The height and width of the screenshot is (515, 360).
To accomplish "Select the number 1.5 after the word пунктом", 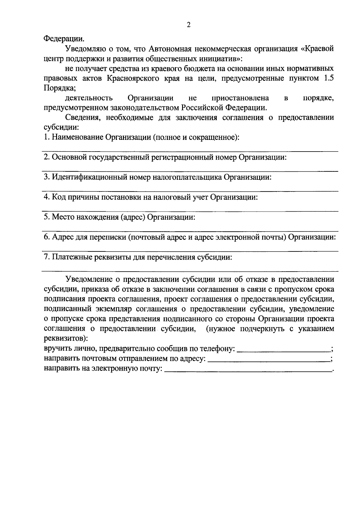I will point(328,78).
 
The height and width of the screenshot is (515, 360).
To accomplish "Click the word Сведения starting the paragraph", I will point(80,118).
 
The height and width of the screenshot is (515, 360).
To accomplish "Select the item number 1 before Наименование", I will point(46,137).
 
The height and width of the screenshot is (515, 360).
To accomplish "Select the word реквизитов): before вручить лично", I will point(66,339).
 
